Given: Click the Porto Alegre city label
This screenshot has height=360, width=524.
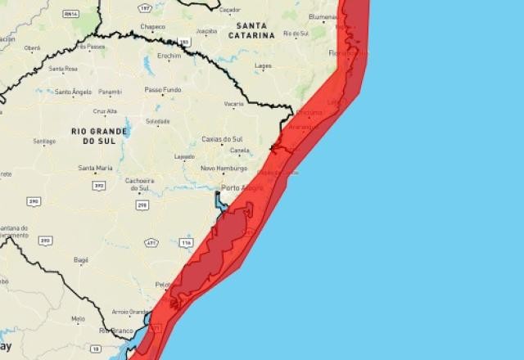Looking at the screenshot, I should (237, 187).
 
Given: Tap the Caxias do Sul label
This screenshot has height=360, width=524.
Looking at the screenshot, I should (222, 139).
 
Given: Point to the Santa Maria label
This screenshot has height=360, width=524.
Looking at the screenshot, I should (95, 168).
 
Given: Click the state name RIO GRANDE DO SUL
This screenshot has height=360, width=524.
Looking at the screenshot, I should (100, 136).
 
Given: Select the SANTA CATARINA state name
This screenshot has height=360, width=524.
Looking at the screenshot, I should (251, 30).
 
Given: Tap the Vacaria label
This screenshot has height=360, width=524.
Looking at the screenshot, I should (234, 104).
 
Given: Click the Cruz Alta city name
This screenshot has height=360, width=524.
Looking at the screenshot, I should (106, 111).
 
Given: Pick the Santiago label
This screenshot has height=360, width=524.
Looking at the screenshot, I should (44, 141).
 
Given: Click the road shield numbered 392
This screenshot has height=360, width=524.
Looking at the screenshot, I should (99, 186).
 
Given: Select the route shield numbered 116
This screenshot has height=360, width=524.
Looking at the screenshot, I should (187, 243).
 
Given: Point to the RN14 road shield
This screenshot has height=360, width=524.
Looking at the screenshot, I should (71, 14).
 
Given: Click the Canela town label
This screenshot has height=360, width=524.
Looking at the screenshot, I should (240, 151).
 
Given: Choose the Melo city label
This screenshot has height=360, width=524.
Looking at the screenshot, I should (78, 318).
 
